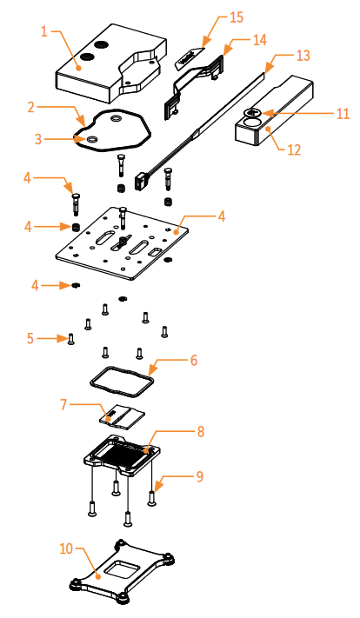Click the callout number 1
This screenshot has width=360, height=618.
pyautogui.click(x=44, y=31)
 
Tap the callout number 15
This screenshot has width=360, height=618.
pyautogui.click(x=237, y=17)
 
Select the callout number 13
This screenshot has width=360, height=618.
pyautogui.click(x=303, y=56)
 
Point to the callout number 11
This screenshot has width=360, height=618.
pyautogui.click(x=343, y=114)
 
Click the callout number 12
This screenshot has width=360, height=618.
pyautogui.click(x=294, y=150)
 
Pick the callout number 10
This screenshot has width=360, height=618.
pyautogui.click(x=67, y=548)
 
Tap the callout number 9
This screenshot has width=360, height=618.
pyautogui.click(x=200, y=476)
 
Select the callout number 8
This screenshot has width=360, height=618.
pyautogui.click(x=201, y=432)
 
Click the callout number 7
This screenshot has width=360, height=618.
pyautogui.click(x=63, y=405)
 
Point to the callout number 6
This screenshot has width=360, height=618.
pyautogui.click(x=194, y=360)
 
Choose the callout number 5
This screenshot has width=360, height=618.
pyautogui.click(x=30, y=338)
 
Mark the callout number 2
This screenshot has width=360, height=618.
pyautogui.click(x=31, y=107)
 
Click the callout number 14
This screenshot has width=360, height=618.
pyautogui.click(x=259, y=40)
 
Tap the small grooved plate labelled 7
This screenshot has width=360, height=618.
pyautogui.click(x=122, y=416)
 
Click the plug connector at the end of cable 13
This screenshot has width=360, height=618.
pyautogui.click(x=140, y=182)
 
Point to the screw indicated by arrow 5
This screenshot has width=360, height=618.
pyautogui.click(x=71, y=339)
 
